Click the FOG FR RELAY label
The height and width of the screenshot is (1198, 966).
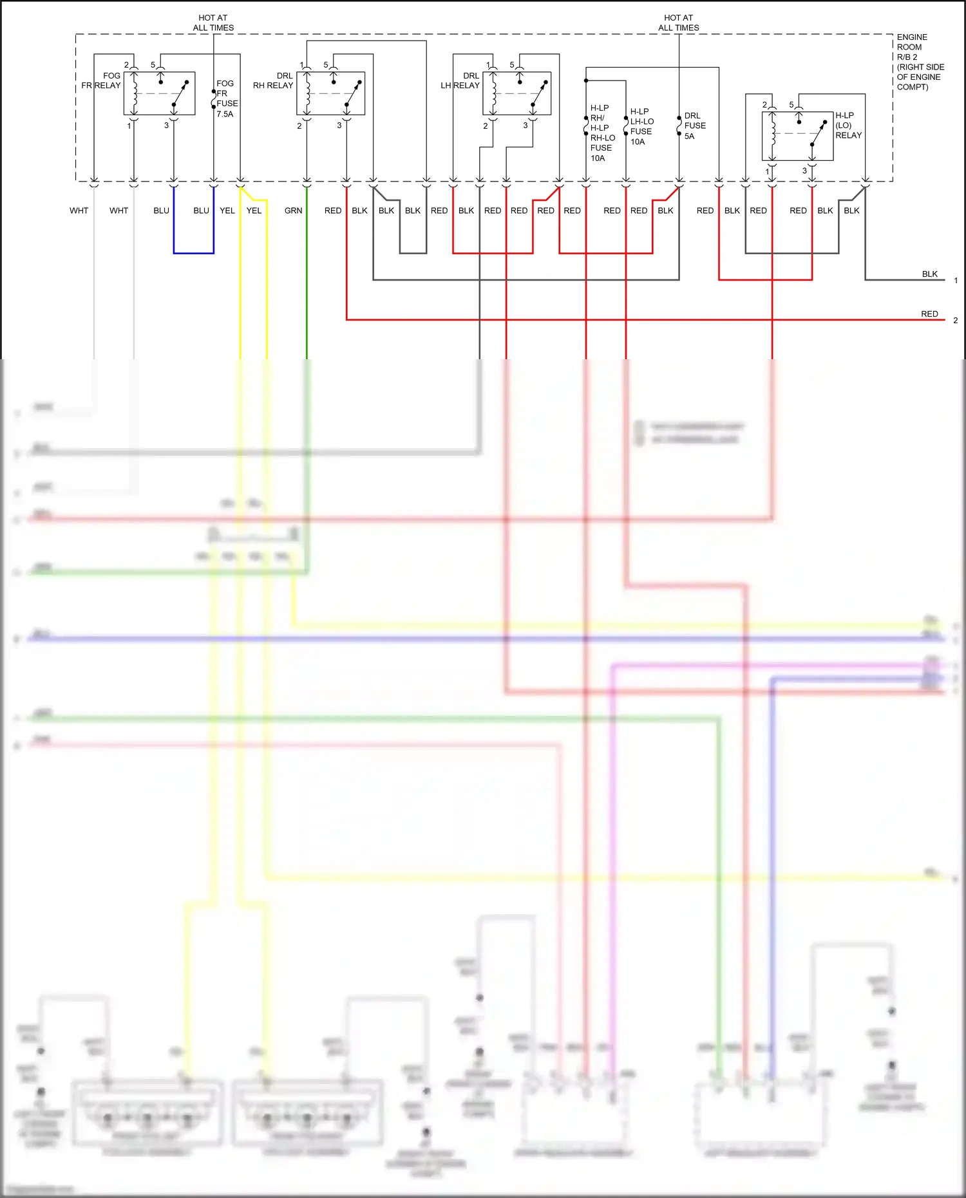(102, 80)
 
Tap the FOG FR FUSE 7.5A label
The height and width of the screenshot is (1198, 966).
(227, 98)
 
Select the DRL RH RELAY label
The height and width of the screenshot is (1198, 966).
(274, 80)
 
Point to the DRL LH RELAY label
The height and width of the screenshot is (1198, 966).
(460, 80)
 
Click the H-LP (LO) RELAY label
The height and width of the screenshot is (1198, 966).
(848, 125)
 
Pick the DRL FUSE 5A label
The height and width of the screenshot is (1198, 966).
(694, 126)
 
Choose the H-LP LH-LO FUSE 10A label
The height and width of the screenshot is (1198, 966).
(641, 126)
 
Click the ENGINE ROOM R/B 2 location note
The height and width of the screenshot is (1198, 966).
(920, 62)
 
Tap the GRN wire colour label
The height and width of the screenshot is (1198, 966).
(293, 211)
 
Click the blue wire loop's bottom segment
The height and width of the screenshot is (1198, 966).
(193, 253)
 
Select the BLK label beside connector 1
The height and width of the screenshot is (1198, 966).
(929, 274)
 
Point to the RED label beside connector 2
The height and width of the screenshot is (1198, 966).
(929, 314)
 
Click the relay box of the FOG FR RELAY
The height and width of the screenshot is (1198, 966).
(159, 94)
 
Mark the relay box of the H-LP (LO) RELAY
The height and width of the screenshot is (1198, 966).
(797, 136)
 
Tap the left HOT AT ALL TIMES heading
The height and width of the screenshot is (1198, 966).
(213, 23)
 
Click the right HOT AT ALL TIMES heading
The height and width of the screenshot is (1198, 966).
(678, 23)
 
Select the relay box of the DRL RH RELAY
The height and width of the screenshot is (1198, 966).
(331, 94)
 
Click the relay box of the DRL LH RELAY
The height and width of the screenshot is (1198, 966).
(516, 94)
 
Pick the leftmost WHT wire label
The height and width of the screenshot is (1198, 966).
(79, 211)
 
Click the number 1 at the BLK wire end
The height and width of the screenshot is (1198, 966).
(956, 281)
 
